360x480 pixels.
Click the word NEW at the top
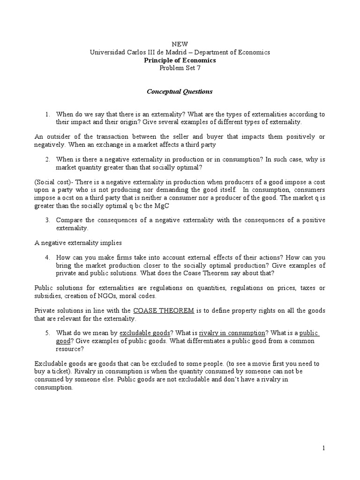(180, 44)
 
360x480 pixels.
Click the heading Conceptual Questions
(180, 91)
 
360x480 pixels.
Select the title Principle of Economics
(180, 60)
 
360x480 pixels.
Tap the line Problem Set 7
(180, 68)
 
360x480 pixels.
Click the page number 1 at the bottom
(323, 449)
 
